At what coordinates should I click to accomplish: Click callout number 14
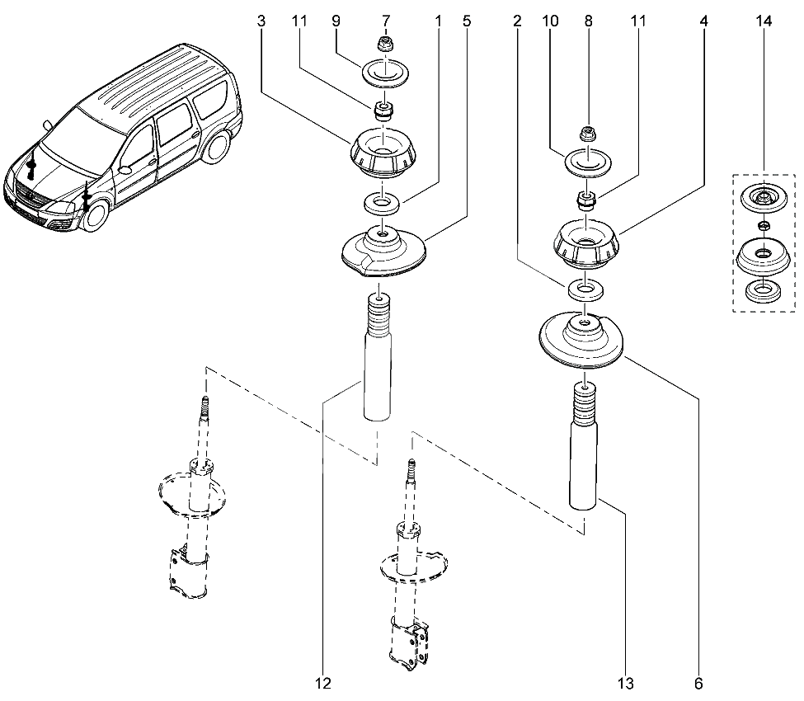tap(764, 22)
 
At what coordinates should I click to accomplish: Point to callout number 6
tap(698, 683)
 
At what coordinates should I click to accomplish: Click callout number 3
tap(261, 22)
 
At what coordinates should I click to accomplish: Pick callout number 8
tap(588, 22)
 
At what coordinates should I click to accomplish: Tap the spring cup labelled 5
tap(383, 252)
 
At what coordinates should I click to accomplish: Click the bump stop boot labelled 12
tap(378, 363)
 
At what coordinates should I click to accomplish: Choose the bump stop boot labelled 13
tap(584, 449)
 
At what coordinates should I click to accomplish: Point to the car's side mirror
tap(125, 169)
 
